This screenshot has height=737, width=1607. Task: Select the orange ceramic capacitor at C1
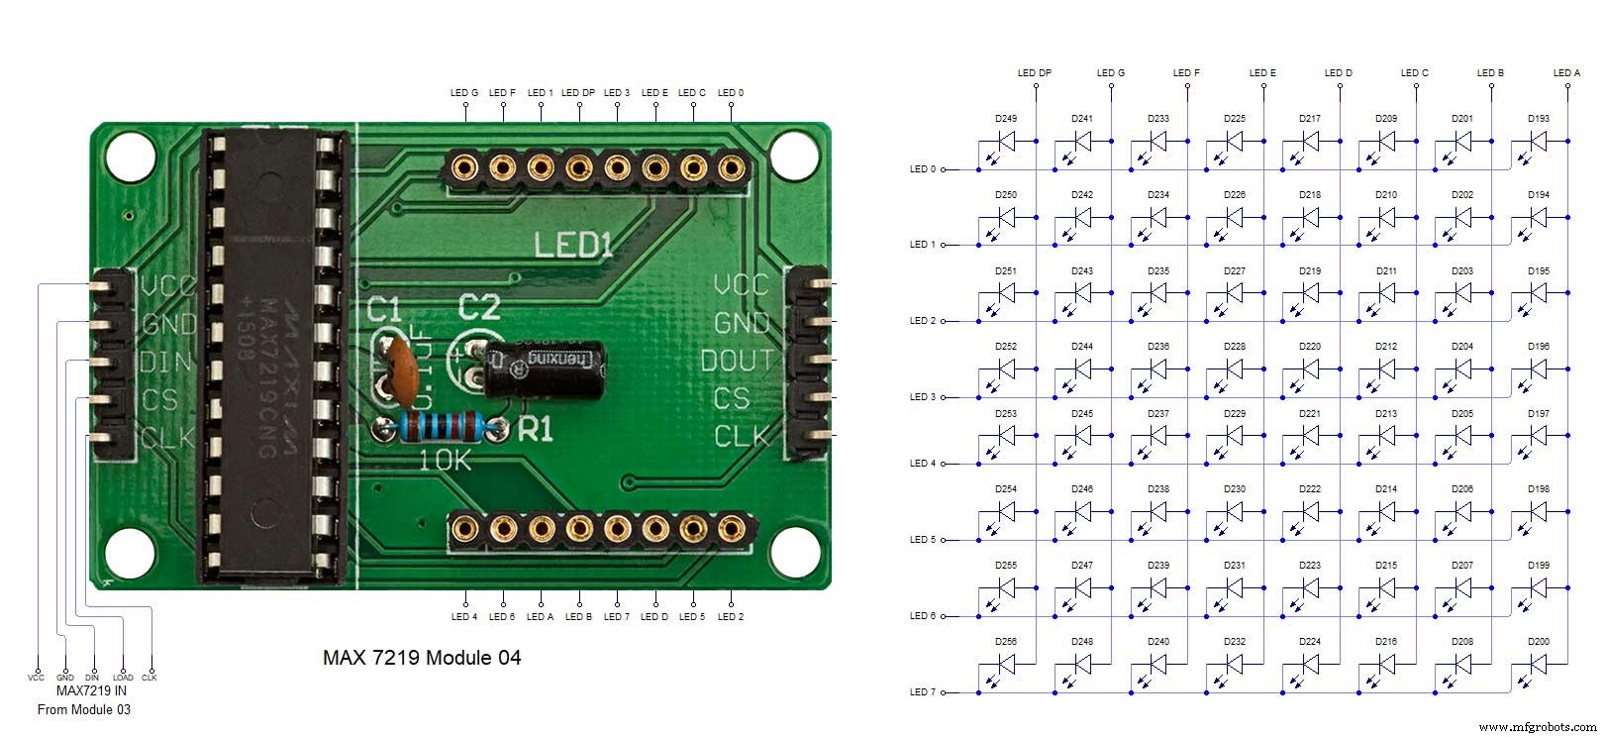pos(399,367)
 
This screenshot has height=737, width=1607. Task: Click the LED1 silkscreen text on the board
pos(572,245)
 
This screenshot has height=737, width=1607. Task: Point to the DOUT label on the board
pos(737,361)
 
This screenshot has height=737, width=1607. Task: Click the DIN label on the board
pos(165,362)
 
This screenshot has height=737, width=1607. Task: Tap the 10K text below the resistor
pos(446,461)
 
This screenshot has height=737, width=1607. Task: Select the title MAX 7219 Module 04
pos(422,657)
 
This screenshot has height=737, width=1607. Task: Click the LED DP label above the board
pos(578,93)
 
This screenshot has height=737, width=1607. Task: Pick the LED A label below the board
pos(541,617)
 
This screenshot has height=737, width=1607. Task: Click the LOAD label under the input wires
pos(123,679)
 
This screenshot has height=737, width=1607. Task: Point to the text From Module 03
pos(84,709)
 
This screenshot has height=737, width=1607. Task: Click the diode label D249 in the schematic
pos(1006,119)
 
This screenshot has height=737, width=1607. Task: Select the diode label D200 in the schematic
pos(1538,642)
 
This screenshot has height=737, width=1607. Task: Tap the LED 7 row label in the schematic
pos(922,692)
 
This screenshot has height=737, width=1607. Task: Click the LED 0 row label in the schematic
pos(922,169)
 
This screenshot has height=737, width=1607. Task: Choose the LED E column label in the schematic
pos(1262,73)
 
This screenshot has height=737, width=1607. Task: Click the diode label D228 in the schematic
pos(1234,347)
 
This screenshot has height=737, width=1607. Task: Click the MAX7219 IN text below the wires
pos(91,691)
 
